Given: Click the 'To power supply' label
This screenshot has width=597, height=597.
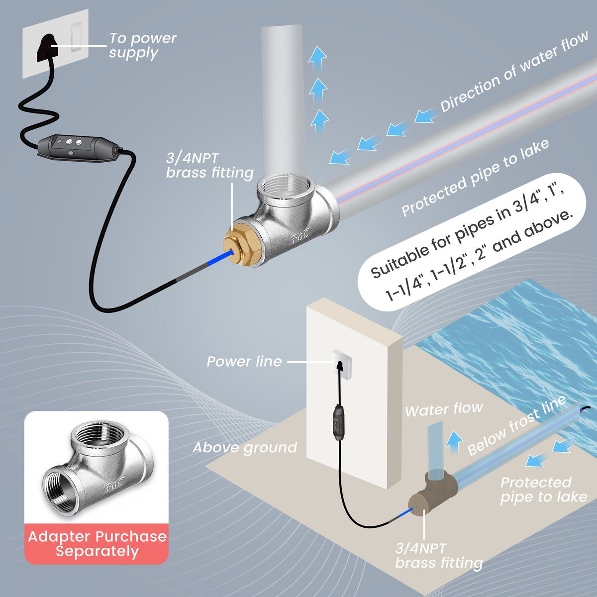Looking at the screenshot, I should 142,45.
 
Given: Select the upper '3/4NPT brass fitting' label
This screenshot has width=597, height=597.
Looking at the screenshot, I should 209,166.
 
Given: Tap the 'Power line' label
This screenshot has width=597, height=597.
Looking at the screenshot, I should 244,362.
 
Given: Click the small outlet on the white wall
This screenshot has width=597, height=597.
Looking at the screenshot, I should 339,359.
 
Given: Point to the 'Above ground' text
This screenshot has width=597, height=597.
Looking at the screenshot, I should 244,447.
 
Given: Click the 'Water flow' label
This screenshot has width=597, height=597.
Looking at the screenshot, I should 443,410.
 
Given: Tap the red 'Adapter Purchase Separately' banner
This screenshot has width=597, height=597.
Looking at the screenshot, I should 97,544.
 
